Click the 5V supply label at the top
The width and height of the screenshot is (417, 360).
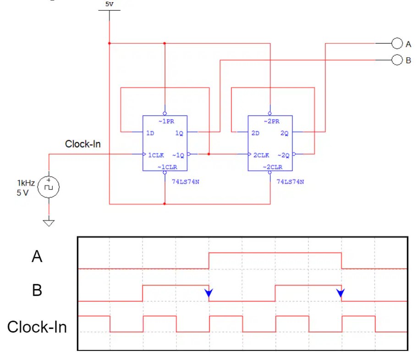tap(110, 4)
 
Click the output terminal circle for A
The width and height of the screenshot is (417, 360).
tap(397, 44)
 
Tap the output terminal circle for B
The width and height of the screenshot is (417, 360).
tap(397, 60)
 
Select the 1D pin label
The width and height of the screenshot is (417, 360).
tap(150, 133)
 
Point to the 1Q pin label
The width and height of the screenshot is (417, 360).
tap(179, 133)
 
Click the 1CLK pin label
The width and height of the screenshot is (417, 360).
tap(156, 155)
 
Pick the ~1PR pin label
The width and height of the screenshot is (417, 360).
tap(166, 122)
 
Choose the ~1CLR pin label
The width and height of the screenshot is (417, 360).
tap(167, 167)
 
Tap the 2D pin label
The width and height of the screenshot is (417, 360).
tap(255, 133)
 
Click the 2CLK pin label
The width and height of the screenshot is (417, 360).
tap(261, 155)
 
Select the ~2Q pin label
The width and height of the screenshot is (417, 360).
tap(284, 155)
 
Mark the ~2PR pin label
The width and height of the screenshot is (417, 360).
tap(272, 122)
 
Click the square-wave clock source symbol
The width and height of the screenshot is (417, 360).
tap(49, 187)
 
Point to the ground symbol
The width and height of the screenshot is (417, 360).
tap(49, 223)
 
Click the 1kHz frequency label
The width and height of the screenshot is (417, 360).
tap(26, 183)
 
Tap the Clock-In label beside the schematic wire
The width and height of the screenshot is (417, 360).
tap(82, 144)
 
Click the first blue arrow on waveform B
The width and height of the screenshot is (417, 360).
tap(209, 293)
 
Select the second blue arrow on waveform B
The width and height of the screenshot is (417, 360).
tap(340, 293)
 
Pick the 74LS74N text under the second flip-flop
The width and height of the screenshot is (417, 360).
tap(290, 182)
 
